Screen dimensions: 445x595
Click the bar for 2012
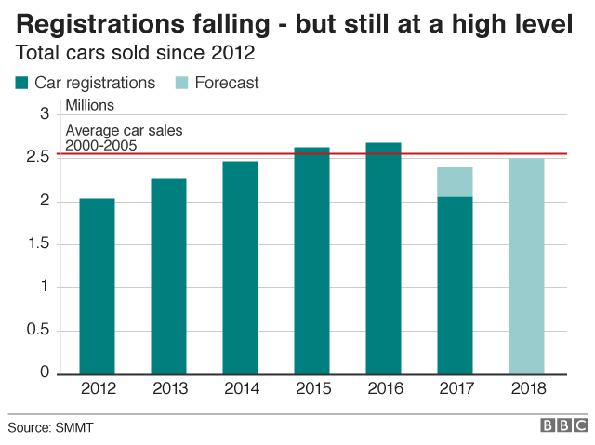[x=98, y=286]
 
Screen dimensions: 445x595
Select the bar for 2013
[x=168, y=276]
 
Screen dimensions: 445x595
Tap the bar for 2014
[x=240, y=268]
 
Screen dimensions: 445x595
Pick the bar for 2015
[x=311, y=260]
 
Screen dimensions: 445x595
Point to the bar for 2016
[x=383, y=258]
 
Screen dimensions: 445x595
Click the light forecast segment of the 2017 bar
[x=455, y=182]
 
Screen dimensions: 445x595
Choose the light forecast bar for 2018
[x=526, y=266]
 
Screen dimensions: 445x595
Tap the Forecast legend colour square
[x=181, y=83]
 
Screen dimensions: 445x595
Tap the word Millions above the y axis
[x=90, y=106]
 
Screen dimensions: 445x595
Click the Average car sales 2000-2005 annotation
[x=112, y=138]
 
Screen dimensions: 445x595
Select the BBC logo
[x=563, y=425]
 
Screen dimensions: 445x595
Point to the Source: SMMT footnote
[x=51, y=427]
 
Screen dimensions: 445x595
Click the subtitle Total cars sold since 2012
[x=136, y=52]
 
